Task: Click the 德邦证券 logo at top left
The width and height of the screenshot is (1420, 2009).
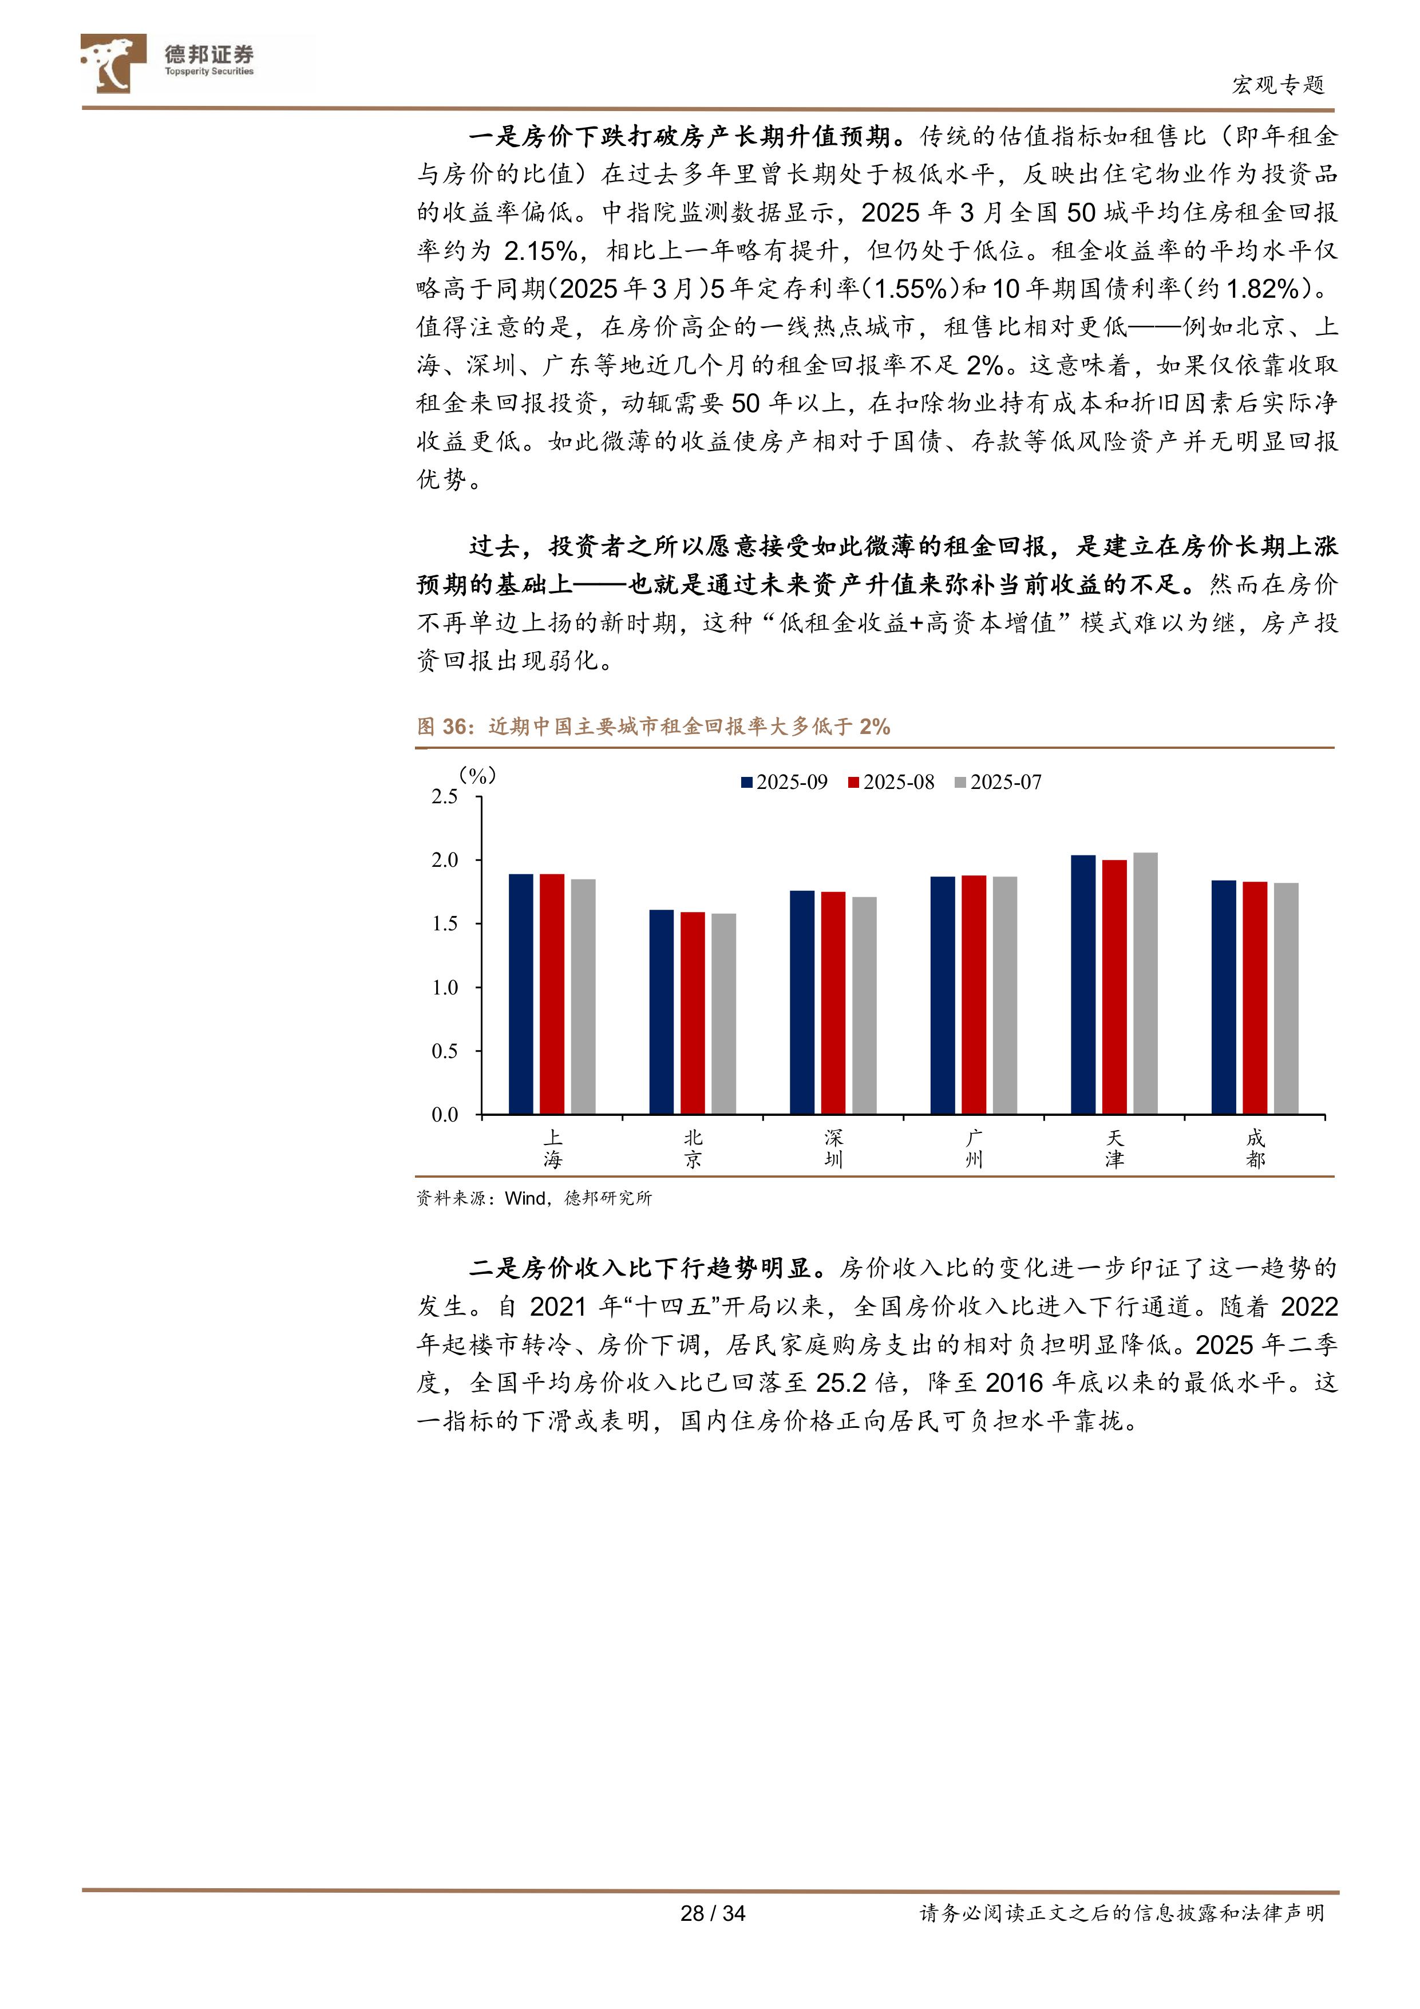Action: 166,62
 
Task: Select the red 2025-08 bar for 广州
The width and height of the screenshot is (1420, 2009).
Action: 973,995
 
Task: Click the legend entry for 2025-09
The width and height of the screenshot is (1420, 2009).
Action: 784,782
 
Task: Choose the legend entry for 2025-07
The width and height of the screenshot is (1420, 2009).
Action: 998,782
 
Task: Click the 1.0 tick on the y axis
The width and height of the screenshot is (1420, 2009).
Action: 445,988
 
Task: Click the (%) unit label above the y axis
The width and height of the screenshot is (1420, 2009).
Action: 478,775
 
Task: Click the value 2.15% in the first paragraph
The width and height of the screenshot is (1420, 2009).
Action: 541,251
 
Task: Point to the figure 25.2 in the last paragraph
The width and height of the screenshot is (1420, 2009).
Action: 841,1383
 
